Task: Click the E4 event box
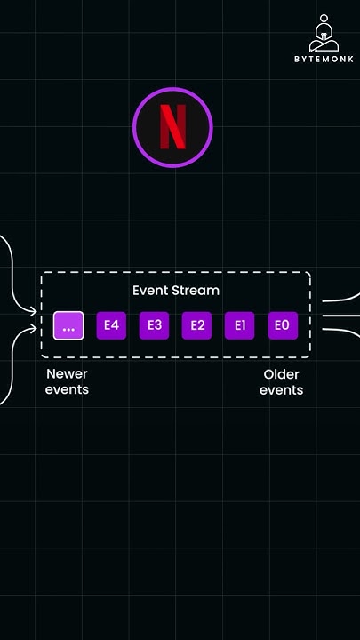point(111,325)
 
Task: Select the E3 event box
point(155,325)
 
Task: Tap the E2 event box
point(197,325)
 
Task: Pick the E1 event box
point(240,325)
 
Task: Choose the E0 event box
point(283,325)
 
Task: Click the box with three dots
point(68,325)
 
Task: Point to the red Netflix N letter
point(172,127)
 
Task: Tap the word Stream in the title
point(195,291)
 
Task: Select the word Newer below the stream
point(67,374)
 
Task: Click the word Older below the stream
point(281,374)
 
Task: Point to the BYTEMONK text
point(324,60)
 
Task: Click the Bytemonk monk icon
point(324,34)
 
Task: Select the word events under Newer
point(67,390)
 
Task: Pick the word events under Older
point(281,390)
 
